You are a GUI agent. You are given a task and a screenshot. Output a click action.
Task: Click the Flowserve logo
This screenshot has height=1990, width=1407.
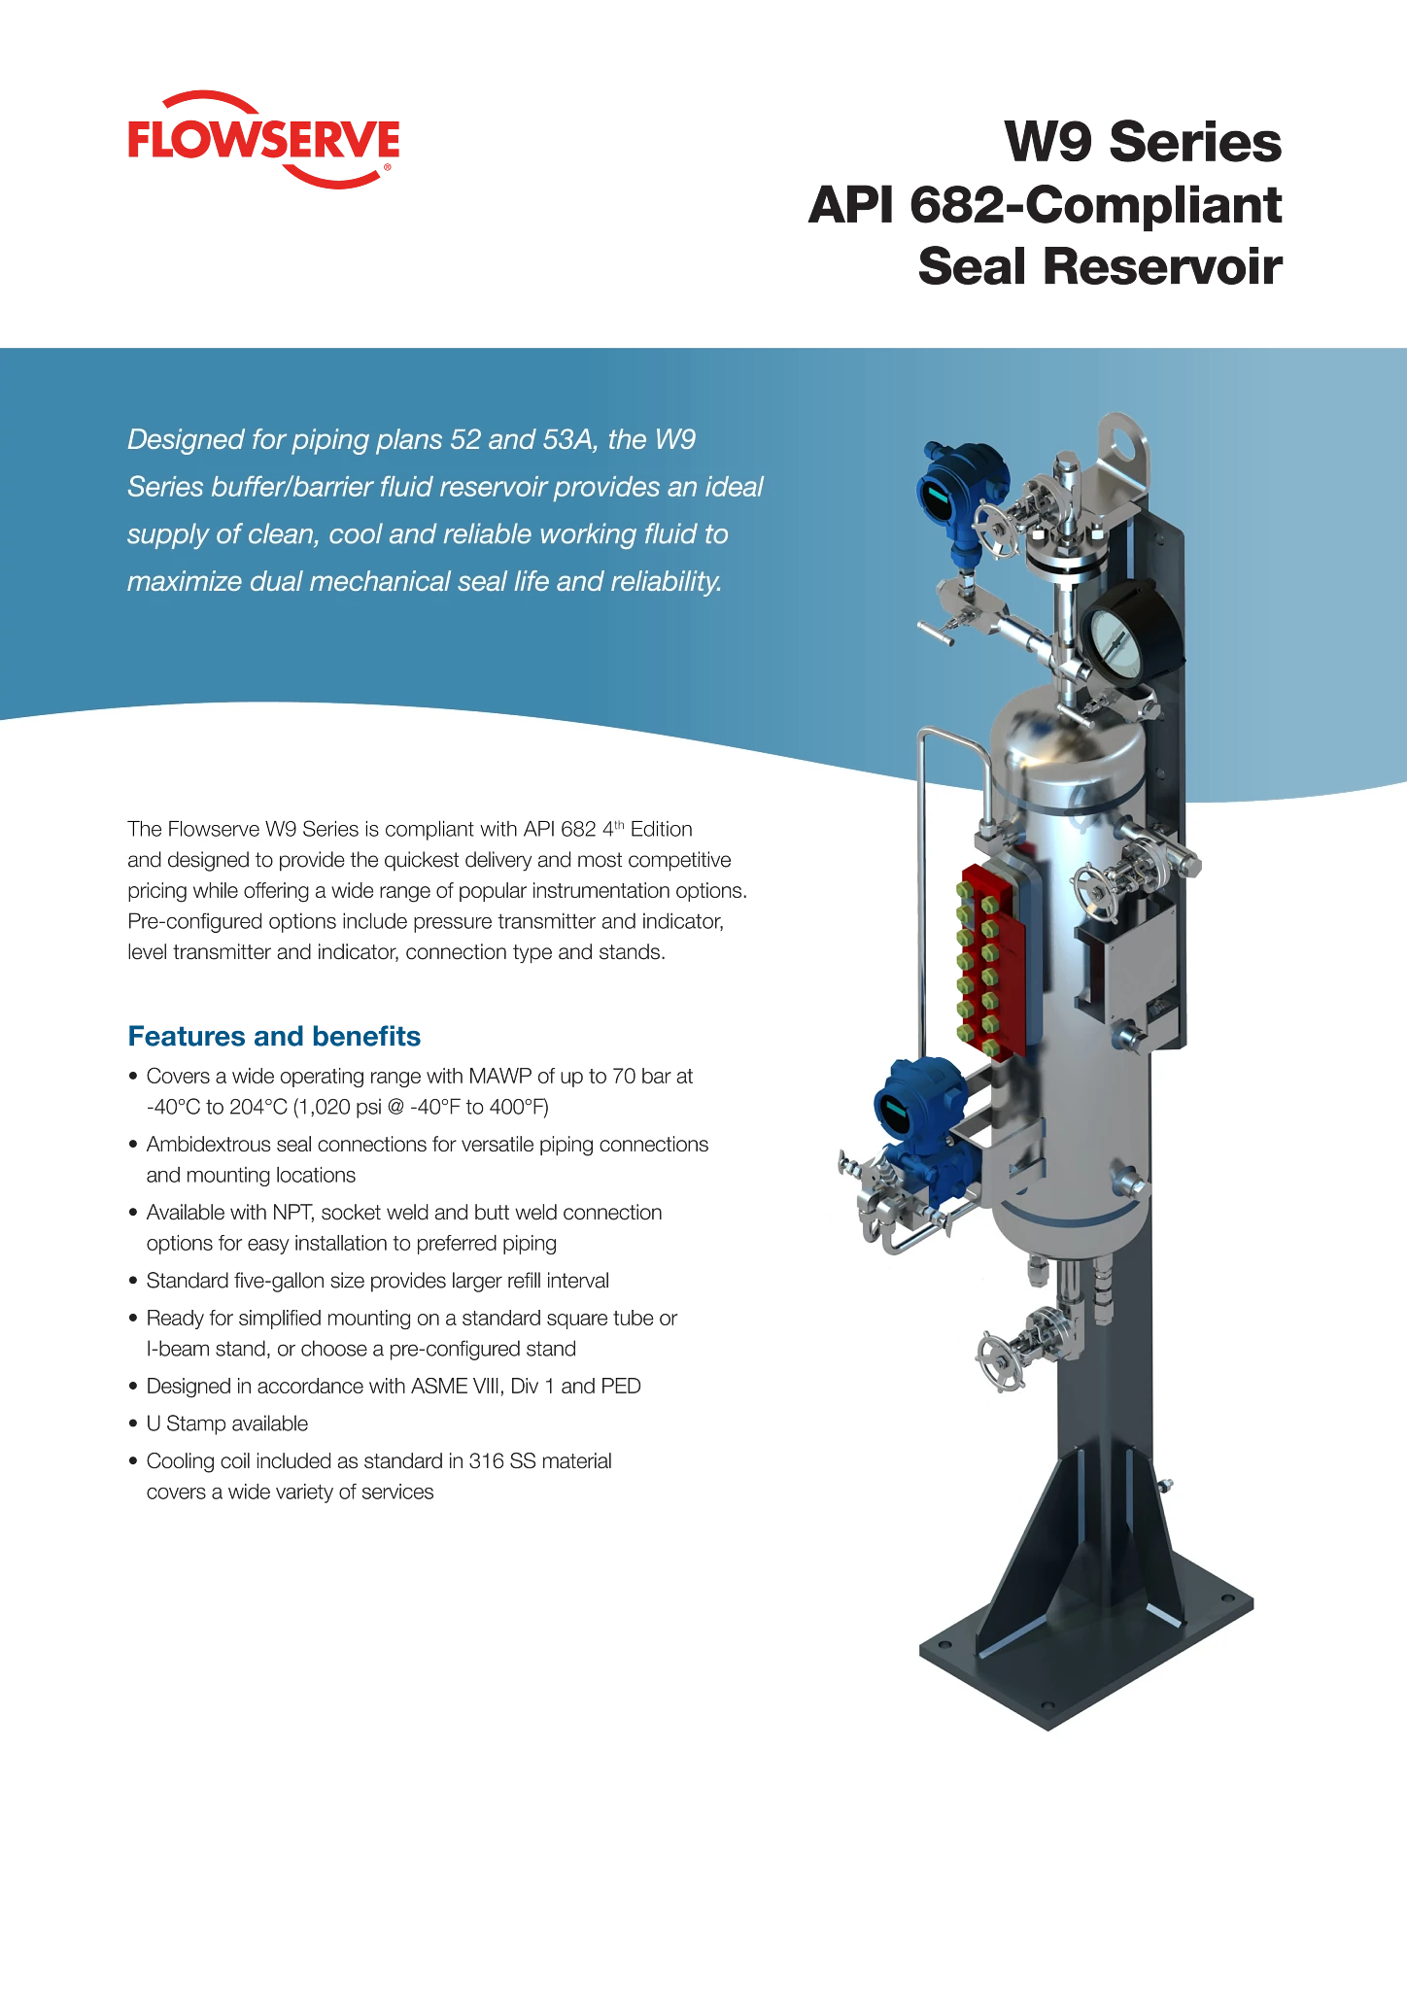click(x=263, y=140)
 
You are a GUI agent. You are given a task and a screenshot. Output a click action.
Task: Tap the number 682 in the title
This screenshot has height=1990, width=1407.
click(x=957, y=205)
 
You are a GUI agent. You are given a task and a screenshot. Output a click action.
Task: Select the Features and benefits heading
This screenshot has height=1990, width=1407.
click(x=274, y=1036)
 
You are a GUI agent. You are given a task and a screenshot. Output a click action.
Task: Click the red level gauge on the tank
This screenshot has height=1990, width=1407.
click(x=992, y=956)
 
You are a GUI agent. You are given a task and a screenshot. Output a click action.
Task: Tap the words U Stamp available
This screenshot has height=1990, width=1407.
click(x=227, y=1424)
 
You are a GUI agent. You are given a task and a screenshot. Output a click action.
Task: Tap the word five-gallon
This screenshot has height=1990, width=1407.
click(x=286, y=1281)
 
